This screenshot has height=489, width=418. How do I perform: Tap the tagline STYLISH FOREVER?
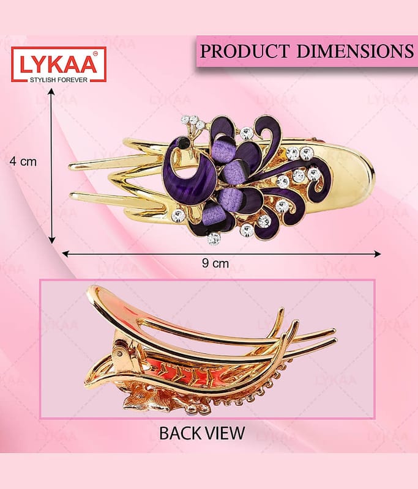pos(59,80)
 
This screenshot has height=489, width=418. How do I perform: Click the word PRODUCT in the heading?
pos(244,51)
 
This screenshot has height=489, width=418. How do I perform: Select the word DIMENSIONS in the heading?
pos(355,51)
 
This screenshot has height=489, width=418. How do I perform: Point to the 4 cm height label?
pos(23,161)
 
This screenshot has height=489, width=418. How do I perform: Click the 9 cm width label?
pos(215,263)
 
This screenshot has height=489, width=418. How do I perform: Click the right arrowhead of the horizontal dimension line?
pos(378,254)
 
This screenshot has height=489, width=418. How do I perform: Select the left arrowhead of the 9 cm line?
pos(65,254)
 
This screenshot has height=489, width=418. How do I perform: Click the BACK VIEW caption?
pos(202,433)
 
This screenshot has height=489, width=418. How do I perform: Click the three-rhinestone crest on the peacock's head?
pos(193,122)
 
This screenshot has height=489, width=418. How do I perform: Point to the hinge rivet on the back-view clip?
pos(121,353)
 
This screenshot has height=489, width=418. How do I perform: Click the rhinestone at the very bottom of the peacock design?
pos(214,238)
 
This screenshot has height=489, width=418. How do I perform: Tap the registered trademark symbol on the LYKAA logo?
pos(95,54)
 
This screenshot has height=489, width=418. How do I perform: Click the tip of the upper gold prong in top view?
pos(70,167)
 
